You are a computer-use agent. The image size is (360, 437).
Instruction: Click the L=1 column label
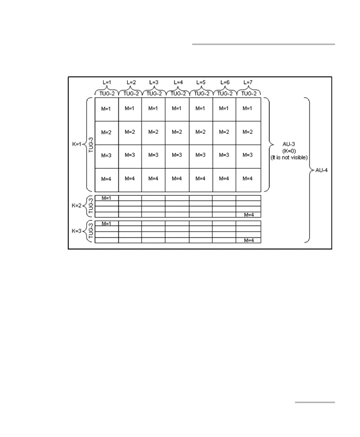(x=106, y=82)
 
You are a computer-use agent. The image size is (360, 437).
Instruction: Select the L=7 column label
(x=248, y=82)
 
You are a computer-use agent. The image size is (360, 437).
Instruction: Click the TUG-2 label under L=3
(x=154, y=93)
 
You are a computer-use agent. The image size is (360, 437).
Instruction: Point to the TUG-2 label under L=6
(x=224, y=93)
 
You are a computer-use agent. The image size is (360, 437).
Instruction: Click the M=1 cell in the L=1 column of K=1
(x=106, y=109)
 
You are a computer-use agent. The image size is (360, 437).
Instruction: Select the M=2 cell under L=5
(x=201, y=132)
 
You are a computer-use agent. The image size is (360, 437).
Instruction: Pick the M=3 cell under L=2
(x=130, y=155)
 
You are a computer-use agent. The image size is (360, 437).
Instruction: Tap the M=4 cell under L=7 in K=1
(x=248, y=178)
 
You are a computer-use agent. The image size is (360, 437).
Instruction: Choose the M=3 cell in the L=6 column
(x=224, y=155)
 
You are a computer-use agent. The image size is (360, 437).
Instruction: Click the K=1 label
(x=77, y=145)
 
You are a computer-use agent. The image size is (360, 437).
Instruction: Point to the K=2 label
(x=77, y=206)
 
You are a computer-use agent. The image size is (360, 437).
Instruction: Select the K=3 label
(x=77, y=232)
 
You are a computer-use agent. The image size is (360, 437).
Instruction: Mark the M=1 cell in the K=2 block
(x=106, y=198)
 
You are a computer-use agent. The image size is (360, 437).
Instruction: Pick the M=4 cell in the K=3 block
(x=249, y=240)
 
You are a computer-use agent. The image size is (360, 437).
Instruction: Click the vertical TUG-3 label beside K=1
(x=91, y=145)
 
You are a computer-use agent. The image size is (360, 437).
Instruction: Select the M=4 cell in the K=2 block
(x=249, y=215)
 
